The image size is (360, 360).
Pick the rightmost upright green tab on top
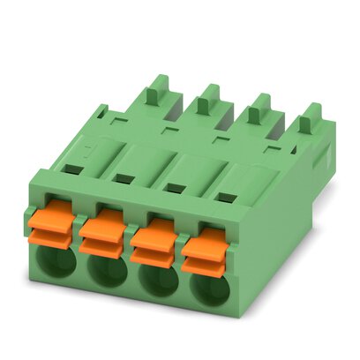click(x=308, y=119)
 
